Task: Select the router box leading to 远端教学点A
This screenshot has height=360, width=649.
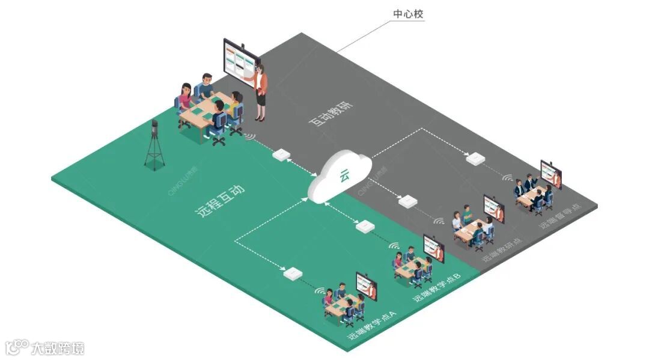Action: click(x=291, y=273)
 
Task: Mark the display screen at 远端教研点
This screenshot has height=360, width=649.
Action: click(x=494, y=209)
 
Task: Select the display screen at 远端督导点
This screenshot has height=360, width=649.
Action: click(x=551, y=174)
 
